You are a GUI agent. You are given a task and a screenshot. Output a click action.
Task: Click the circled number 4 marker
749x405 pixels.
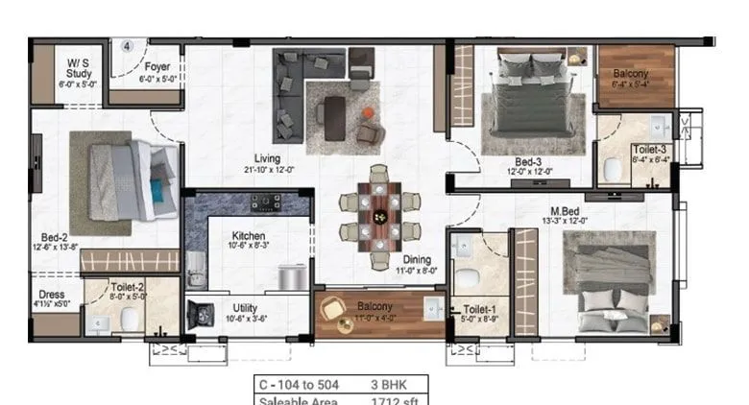[x=127, y=45]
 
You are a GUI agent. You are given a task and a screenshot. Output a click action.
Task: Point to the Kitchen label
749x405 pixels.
[x=250, y=236]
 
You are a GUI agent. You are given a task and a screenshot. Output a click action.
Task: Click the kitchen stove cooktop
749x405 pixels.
[x=266, y=202]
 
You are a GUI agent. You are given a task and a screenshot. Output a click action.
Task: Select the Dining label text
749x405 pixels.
[x=417, y=259]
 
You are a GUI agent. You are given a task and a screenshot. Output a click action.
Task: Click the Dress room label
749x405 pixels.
[x=52, y=295]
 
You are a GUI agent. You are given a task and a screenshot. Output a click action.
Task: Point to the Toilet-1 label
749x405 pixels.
[x=478, y=310]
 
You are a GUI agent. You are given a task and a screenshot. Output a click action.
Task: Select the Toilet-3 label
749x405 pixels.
[x=649, y=150]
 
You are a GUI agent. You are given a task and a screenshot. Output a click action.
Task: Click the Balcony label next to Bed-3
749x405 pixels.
[x=631, y=73]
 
